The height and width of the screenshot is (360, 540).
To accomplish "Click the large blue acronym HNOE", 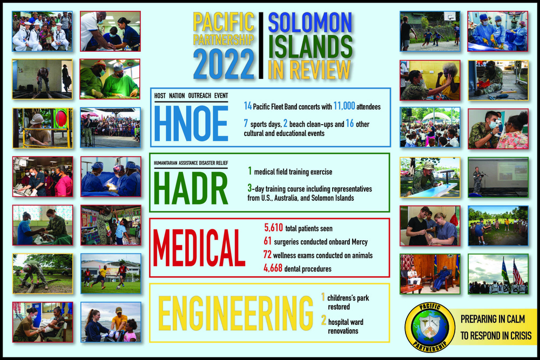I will [x=191, y=123].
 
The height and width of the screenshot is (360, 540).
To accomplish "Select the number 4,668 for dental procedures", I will [x=275, y=268].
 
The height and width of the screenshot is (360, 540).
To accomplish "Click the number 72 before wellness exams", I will [x=267, y=254].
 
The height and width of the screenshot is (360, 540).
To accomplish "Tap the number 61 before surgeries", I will [x=267, y=241].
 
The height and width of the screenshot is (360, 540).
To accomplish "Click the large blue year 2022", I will [x=224, y=65].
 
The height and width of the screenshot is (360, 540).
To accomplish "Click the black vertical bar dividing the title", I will [x=261, y=45].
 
